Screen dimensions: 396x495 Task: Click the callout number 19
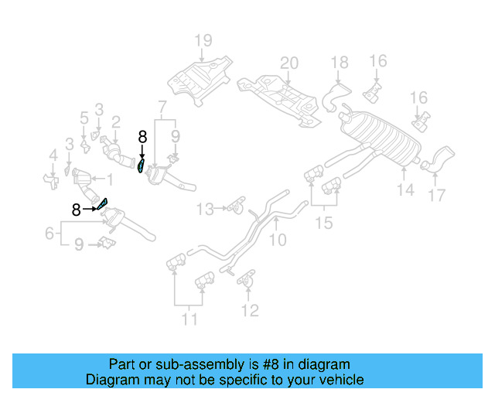click(x=202, y=39)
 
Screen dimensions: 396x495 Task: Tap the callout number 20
click(x=288, y=63)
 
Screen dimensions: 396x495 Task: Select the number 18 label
click(x=340, y=63)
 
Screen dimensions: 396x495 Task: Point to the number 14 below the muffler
click(x=405, y=189)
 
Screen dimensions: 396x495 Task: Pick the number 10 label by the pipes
click(x=276, y=241)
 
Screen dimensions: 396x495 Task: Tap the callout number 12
click(x=249, y=311)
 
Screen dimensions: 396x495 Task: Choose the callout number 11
click(x=189, y=318)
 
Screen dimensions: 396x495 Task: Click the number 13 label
click(x=204, y=209)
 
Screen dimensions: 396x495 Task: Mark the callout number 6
click(x=49, y=232)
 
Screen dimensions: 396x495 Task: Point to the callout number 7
click(x=162, y=106)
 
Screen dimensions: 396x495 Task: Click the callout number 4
click(x=53, y=156)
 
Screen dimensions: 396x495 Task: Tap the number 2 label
click(x=115, y=121)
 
